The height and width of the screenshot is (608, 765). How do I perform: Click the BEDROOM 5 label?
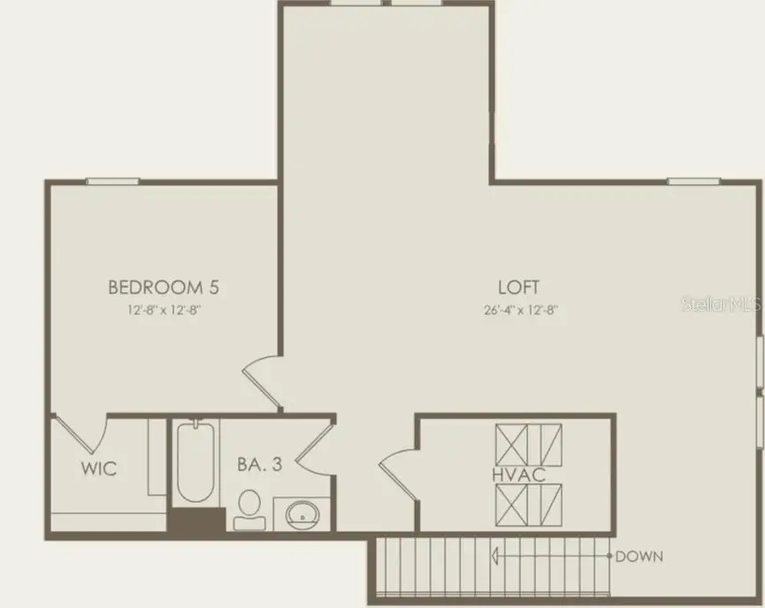click(x=164, y=287)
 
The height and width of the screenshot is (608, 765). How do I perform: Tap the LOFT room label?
click(x=518, y=287)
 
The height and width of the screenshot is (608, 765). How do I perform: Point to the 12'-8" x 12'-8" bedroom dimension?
click(x=164, y=310)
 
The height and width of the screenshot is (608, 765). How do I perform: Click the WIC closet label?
click(x=99, y=469)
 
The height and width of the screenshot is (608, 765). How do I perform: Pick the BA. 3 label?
click(x=260, y=463)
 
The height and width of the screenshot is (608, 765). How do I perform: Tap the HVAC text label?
click(x=518, y=475)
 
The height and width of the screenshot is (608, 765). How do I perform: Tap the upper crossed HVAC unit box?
click(x=528, y=445)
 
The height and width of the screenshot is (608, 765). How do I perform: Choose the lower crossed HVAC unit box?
click(x=528, y=504)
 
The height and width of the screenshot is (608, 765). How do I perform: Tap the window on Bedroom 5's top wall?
click(x=112, y=181)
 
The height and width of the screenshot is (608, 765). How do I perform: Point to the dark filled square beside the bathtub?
click(x=196, y=519)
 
